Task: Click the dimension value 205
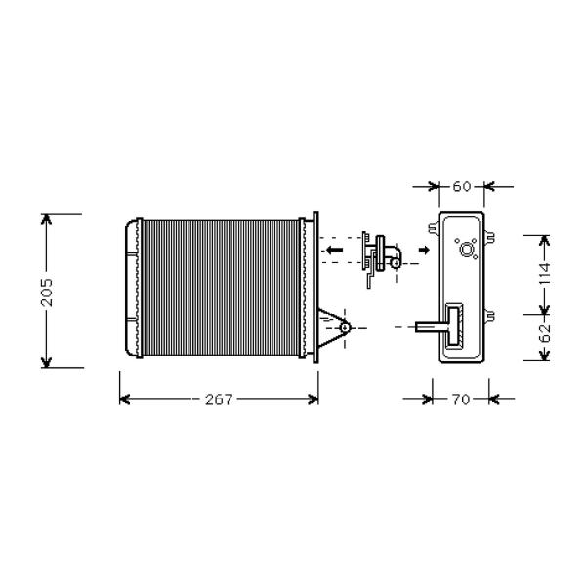47,292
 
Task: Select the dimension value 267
219,399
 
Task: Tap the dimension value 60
462,187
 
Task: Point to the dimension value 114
545,273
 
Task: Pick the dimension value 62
545,333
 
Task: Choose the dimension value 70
461,399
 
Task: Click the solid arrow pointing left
334,250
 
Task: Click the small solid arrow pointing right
424,250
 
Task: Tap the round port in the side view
467,249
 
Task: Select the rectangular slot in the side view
455,325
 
